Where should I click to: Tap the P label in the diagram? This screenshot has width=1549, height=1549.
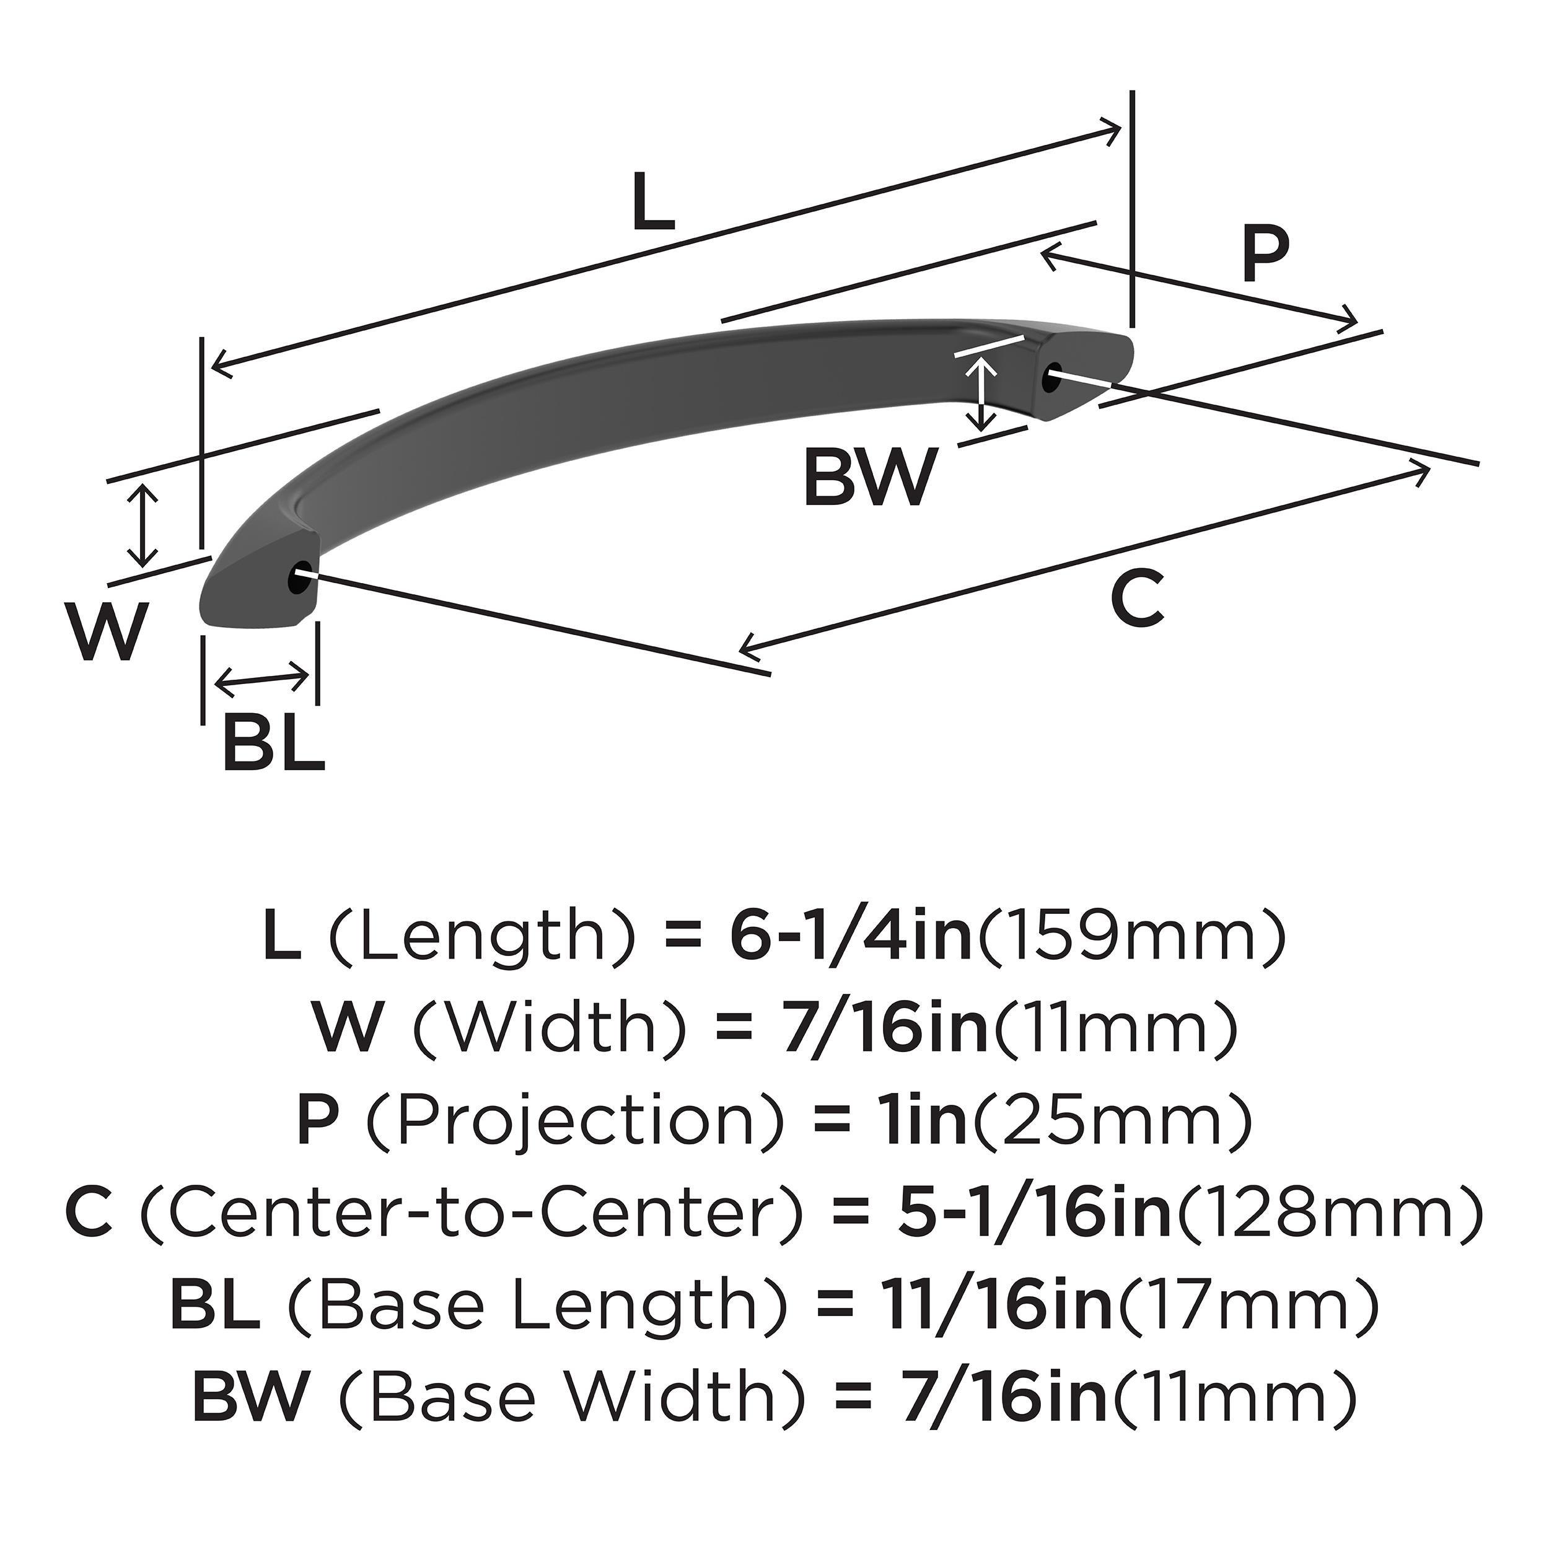click(1265, 254)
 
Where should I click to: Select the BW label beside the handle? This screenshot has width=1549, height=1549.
click(869, 479)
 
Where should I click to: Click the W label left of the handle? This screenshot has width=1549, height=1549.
click(107, 630)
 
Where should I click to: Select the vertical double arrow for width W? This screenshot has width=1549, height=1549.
click(143, 526)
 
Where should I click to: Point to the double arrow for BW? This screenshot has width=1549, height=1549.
click(981, 393)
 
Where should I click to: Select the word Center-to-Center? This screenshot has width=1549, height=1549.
click(472, 1214)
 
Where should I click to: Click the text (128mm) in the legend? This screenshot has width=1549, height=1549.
click(1327, 1214)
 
